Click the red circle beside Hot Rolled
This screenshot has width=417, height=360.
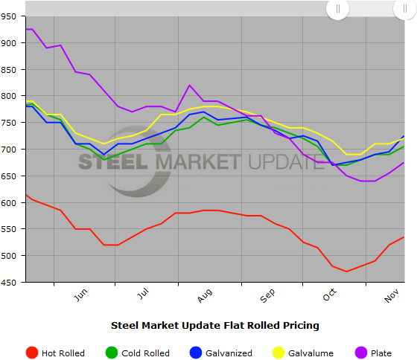(x=32, y=353)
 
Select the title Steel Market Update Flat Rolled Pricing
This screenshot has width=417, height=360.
(x=214, y=325)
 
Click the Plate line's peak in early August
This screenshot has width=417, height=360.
(x=189, y=86)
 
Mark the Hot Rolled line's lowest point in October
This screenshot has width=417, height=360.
(x=346, y=271)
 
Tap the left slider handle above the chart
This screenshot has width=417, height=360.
(x=338, y=8)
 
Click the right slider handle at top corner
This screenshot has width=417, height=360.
(x=404, y=8)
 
